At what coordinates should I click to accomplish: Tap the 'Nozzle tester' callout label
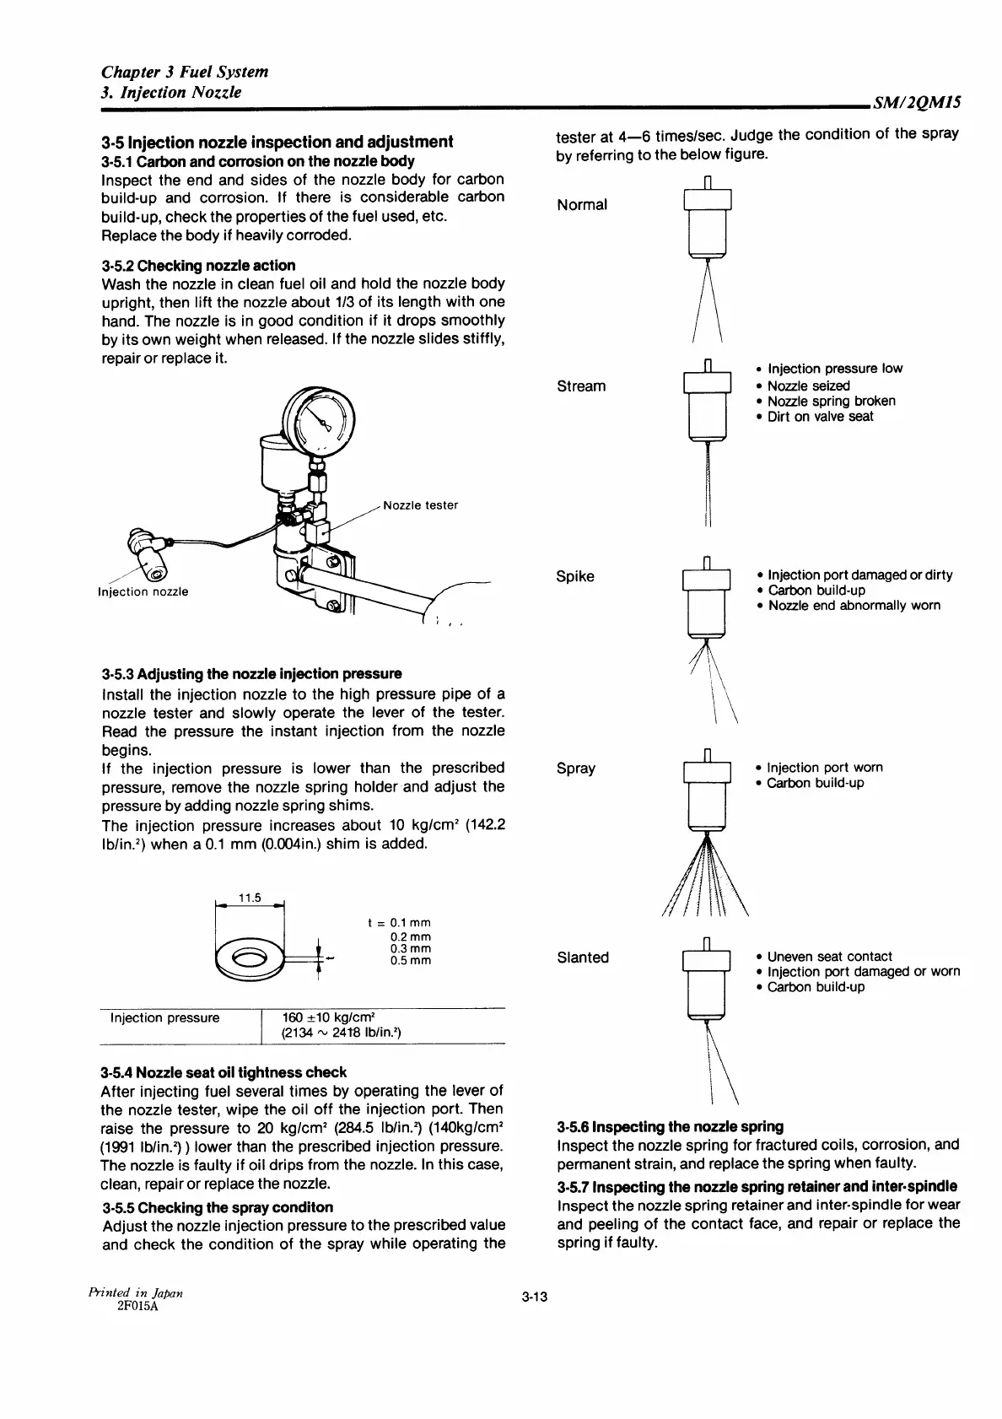click(420, 505)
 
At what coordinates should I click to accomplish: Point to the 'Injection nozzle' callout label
click(143, 591)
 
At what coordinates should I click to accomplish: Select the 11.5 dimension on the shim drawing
click(250, 898)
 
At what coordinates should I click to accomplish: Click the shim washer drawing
click(251, 959)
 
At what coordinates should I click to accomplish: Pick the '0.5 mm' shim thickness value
click(411, 961)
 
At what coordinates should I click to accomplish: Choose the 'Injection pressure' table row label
click(164, 1017)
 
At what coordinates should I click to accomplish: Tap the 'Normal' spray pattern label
click(582, 205)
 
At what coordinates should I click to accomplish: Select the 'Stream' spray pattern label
click(581, 386)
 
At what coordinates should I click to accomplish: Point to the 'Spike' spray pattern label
click(575, 577)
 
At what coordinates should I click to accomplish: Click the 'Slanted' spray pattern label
click(583, 958)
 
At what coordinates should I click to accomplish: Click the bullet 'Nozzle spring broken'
click(831, 402)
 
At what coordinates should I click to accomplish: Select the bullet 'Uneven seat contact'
click(829, 957)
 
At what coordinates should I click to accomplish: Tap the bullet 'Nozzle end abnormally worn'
click(854, 606)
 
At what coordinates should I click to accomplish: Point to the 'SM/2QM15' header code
click(918, 103)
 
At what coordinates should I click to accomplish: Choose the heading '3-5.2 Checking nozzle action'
click(198, 265)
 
